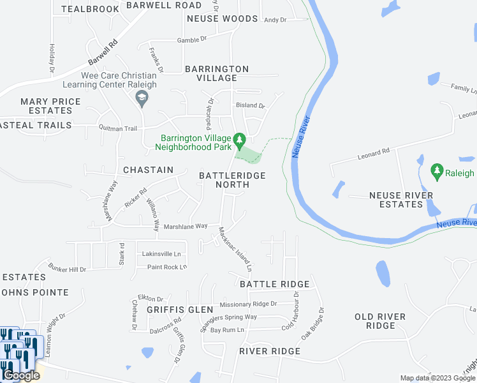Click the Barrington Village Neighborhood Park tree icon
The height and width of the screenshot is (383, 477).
tap(239, 139)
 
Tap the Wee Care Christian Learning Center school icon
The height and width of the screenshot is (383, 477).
tap(142, 97)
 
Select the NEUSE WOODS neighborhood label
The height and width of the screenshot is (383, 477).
tap(222, 19)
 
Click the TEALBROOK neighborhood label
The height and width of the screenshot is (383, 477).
tap(91, 9)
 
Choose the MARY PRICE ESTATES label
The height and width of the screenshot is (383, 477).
tap(50, 106)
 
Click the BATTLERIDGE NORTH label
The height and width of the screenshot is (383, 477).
tap(232, 179)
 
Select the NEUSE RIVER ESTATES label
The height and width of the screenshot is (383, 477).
tap(401, 200)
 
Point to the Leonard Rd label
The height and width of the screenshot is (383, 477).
tap(373, 154)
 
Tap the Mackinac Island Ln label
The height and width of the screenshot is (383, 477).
tap(236, 246)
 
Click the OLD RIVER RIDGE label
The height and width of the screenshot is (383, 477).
tap(380, 321)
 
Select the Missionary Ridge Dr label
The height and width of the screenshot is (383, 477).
tap(247, 304)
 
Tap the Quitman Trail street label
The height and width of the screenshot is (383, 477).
tap(117, 128)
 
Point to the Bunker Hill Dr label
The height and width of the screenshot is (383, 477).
tap(67, 269)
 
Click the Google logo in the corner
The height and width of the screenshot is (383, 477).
tap(21, 375)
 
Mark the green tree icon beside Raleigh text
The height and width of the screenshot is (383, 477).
tap(437, 171)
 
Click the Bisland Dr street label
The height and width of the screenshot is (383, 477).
tap(249, 105)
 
